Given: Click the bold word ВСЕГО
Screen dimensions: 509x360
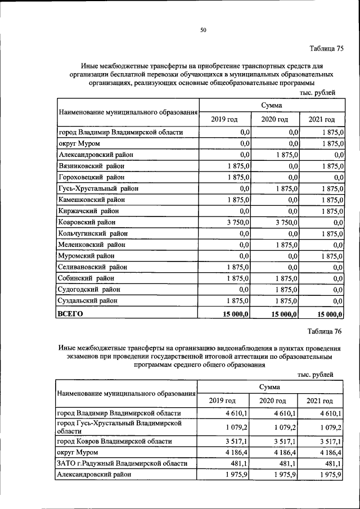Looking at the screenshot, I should [x=70, y=313].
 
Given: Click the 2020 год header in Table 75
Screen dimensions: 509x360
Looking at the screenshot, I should [x=274, y=119].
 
